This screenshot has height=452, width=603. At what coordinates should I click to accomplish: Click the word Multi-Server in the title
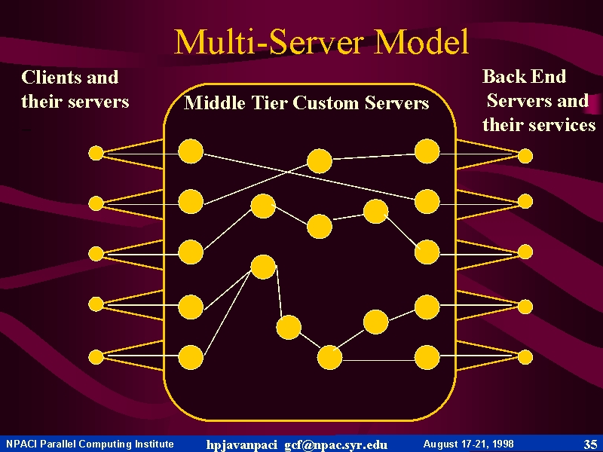coord(268,41)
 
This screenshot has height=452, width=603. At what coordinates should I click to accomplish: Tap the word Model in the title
coord(421,41)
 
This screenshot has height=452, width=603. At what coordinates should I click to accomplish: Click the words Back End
coord(524,76)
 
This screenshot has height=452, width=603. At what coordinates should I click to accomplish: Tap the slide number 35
coord(590,444)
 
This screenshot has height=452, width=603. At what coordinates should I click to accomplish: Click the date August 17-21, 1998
coord(468,444)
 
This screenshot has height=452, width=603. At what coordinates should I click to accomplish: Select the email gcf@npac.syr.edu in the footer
coord(335,444)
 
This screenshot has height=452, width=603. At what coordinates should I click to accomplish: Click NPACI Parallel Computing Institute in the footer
coord(90,444)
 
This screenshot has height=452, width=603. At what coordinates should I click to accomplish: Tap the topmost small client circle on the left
coord(96,153)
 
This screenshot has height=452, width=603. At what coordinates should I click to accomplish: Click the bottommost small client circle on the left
coord(96,357)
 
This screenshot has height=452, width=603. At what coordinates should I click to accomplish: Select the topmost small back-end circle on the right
coord(525,156)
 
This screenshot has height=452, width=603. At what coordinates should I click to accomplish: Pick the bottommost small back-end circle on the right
coord(525,357)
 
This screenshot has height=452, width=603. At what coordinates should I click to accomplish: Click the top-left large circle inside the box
coord(191,151)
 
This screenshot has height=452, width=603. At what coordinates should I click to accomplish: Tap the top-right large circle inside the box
coord(427,151)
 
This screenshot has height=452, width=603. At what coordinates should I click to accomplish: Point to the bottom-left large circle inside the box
coord(191,357)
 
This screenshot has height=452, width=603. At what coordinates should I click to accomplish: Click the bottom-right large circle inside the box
coord(427,357)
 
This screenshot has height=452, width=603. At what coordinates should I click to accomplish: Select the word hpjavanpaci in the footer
coord(241,444)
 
